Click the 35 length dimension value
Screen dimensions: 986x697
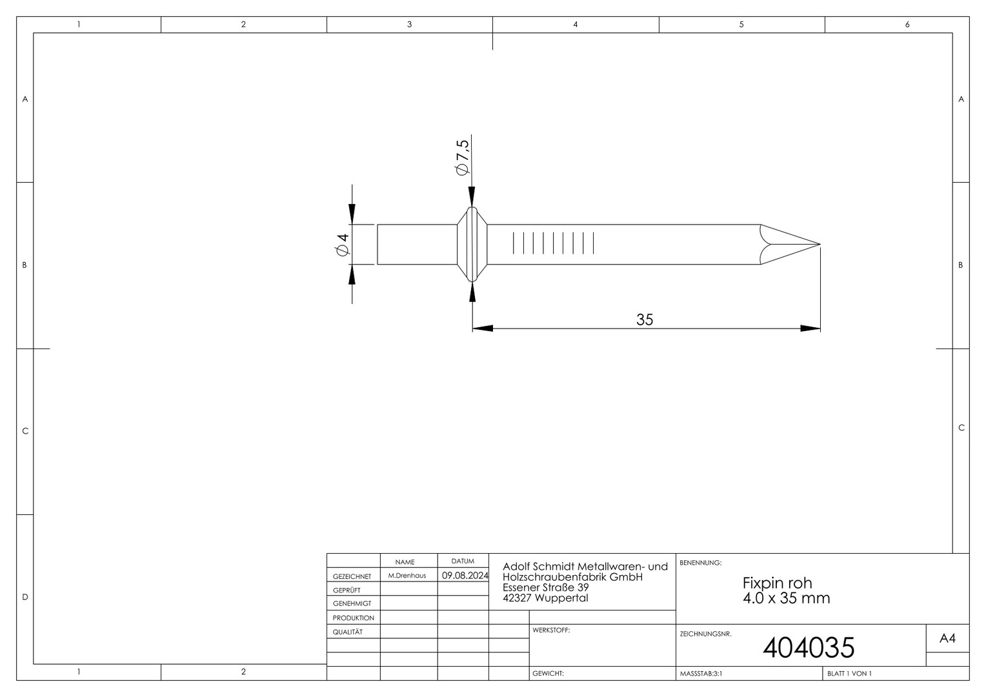pyautogui.click(x=645, y=319)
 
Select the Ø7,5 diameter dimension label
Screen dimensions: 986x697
pyautogui.click(x=463, y=157)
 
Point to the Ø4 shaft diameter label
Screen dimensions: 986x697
pyautogui.click(x=342, y=245)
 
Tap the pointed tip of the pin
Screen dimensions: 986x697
pyautogui.click(x=820, y=245)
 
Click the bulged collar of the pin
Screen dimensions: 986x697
pyautogui.click(x=472, y=245)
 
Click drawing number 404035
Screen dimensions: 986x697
pyautogui.click(x=809, y=647)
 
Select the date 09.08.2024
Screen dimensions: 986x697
pyautogui.click(x=465, y=576)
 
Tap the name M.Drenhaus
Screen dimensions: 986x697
pyautogui.click(x=407, y=576)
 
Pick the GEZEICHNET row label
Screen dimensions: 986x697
pyautogui.click(x=352, y=576)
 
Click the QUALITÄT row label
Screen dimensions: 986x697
pyautogui.click(x=348, y=632)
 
